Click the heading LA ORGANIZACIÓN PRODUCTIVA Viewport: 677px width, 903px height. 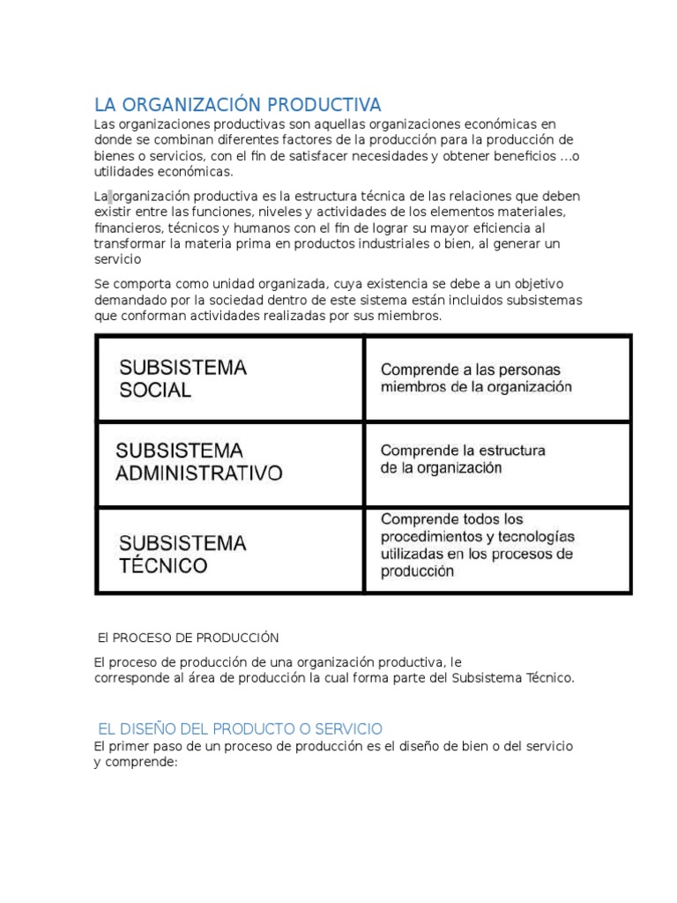(238, 105)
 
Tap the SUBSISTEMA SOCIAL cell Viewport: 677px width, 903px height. (229, 378)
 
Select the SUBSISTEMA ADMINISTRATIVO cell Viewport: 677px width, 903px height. (229, 462)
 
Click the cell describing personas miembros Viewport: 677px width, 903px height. (497, 378)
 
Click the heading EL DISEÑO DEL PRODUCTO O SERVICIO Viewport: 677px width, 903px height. (240, 728)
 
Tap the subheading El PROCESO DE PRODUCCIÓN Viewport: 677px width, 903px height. (189, 637)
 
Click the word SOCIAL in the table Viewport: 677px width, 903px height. (155, 391)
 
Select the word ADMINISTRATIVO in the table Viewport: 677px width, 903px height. (199, 474)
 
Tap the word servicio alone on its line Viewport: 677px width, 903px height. (118, 260)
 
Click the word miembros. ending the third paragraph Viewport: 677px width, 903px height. (406, 315)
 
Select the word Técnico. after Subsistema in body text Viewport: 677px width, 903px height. (547, 678)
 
